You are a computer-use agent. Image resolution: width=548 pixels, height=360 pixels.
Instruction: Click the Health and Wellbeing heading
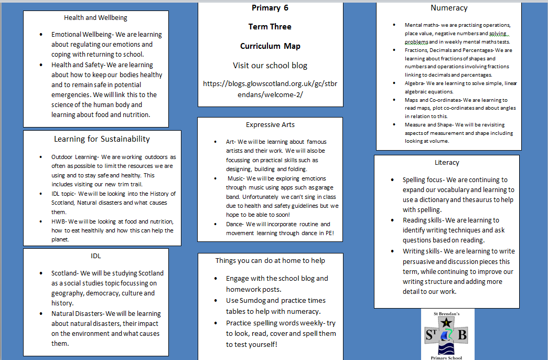pos(95,18)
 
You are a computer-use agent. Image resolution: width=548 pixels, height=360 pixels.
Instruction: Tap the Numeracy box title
pos(448,8)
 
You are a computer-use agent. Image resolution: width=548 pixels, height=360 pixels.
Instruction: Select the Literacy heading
pos(447,162)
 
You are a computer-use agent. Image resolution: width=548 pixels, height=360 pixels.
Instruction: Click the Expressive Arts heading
pos(270,125)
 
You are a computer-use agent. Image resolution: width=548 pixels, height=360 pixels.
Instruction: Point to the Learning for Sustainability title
pos(102,139)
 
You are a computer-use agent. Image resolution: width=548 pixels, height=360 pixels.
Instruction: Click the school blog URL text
pos(270,89)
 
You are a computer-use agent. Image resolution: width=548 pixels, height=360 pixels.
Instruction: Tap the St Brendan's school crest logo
pos(448,335)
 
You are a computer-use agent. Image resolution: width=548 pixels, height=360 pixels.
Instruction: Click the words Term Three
pos(270,27)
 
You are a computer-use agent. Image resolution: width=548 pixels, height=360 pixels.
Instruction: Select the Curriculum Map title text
pos(270,46)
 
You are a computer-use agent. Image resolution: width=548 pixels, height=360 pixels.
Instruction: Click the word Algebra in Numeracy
pos(414,83)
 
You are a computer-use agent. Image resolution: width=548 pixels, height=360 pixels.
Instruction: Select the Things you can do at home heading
pos(270,261)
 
